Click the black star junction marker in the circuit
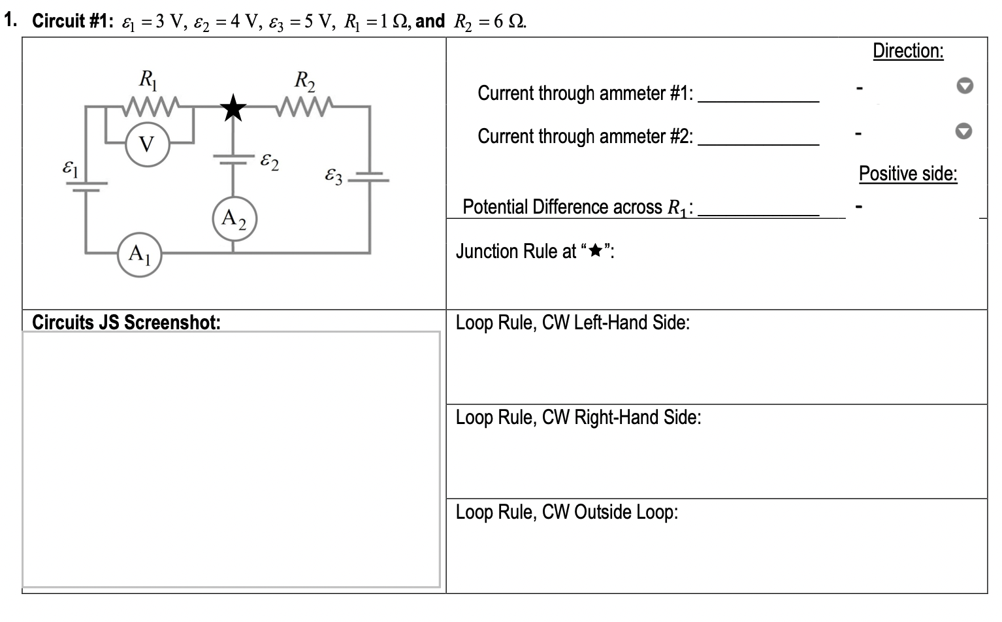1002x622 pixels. click(x=233, y=108)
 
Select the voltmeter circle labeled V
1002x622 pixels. click(x=148, y=144)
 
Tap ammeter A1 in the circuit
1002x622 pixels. click(x=139, y=253)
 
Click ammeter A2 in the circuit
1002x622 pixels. click(x=234, y=218)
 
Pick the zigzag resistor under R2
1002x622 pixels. click(x=304, y=105)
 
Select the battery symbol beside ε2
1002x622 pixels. click(x=234, y=160)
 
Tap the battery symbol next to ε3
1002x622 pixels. click(x=370, y=177)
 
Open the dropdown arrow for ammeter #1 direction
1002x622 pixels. click(x=964, y=87)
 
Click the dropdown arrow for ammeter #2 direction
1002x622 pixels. click(x=964, y=131)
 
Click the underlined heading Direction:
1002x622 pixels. click(x=908, y=51)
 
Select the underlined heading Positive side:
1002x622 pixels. click(x=908, y=174)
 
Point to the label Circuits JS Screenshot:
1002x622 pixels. click(x=126, y=322)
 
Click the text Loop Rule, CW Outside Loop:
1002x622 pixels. click(x=566, y=512)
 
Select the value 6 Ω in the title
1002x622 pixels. click(x=509, y=22)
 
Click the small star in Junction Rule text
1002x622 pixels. click(x=594, y=252)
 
